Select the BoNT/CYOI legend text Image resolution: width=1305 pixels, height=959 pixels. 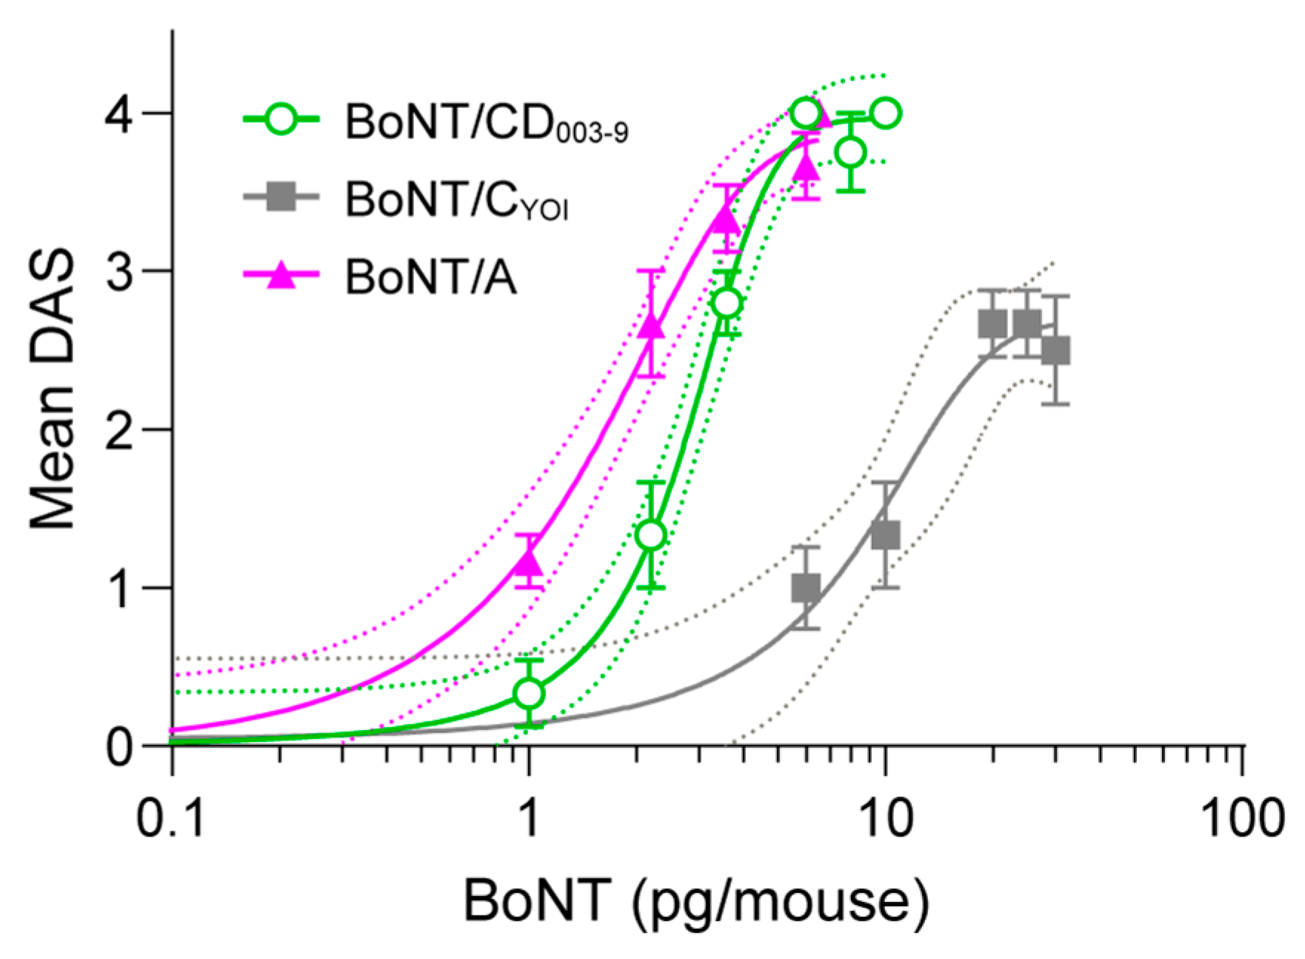coord(456,199)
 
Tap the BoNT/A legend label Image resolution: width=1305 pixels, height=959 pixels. coord(430,278)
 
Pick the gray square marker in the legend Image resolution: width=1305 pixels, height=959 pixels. coord(281,197)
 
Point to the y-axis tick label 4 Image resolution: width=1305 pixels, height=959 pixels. coord(119,114)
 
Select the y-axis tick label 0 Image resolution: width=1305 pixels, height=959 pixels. coord(119,748)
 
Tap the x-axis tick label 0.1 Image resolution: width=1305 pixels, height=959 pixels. coord(171,819)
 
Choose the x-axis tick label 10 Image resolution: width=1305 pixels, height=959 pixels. coord(886,819)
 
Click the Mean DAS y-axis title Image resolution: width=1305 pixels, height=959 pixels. coord(53,389)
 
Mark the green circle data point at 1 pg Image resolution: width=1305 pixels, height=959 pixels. coord(529,694)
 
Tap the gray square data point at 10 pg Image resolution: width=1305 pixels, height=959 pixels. coord(886,535)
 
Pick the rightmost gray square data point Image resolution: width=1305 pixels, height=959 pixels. coord(1055,351)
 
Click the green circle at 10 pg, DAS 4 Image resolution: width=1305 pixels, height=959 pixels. coord(886,113)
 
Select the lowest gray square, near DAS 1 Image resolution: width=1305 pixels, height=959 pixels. coord(806,589)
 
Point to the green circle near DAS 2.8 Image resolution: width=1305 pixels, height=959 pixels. coord(727,303)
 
